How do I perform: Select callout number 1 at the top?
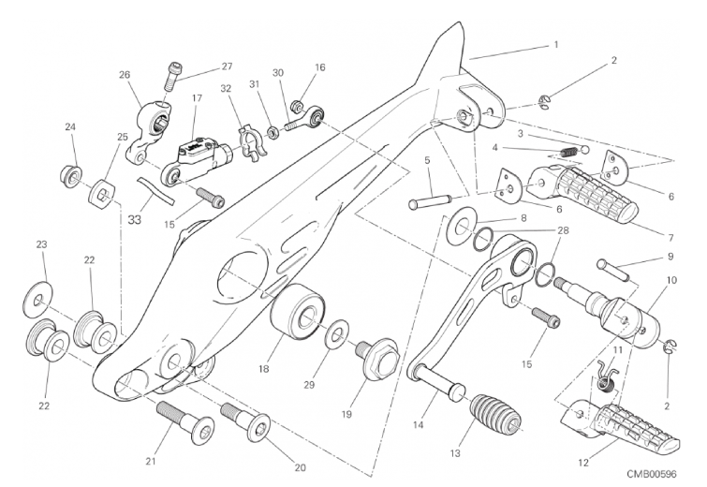556,43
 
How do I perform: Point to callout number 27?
227,66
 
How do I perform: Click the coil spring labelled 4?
565,153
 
